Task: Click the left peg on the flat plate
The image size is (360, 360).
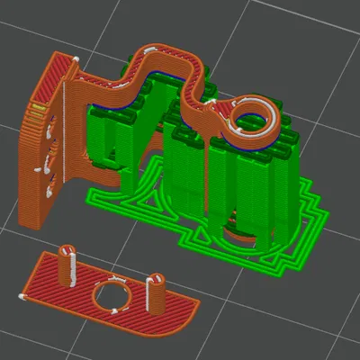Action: click(66, 261)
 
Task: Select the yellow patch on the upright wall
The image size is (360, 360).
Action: click(38, 109)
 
